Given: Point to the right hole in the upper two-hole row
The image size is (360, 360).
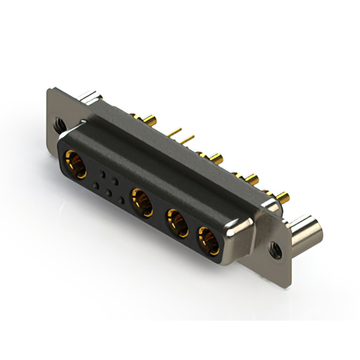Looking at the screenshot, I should (x=115, y=181).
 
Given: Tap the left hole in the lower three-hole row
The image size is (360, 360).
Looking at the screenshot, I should (x=96, y=185).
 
